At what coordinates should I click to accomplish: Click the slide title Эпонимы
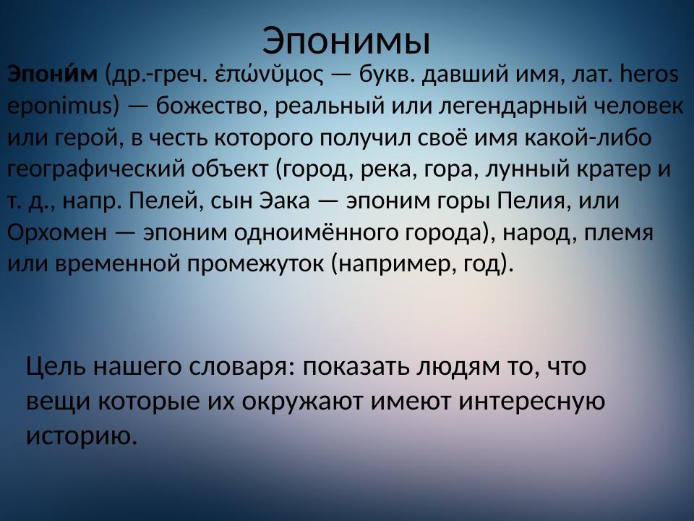tap(346, 41)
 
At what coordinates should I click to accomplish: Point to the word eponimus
tap(59, 106)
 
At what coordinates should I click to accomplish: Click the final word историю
tap(81, 434)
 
